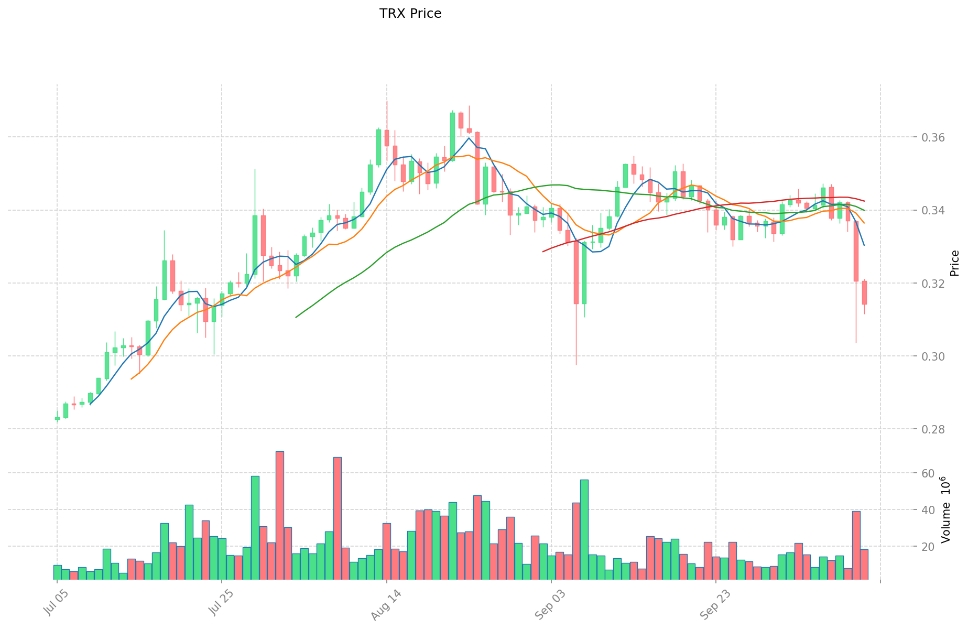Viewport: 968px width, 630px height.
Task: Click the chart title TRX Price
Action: [410, 14]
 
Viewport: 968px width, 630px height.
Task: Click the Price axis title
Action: [954, 263]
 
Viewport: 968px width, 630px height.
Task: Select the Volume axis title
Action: [947, 509]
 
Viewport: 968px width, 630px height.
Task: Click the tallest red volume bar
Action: [280, 515]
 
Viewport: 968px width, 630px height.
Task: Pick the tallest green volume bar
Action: [255, 527]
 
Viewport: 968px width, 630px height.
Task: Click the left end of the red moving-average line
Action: [543, 252]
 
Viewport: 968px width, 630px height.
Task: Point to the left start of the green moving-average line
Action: [296, 317]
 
